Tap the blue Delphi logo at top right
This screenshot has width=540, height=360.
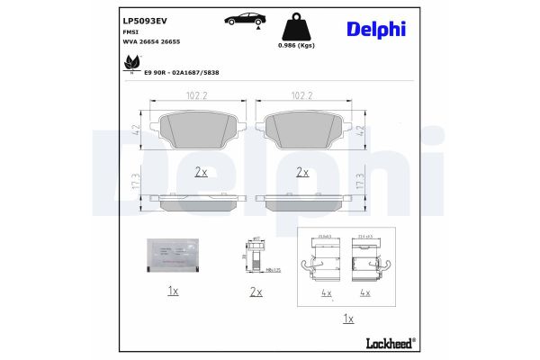click(x=376, y=29)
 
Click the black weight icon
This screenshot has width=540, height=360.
click(x=296, y=26)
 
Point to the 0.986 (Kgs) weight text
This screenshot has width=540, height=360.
click(x=296, y=45)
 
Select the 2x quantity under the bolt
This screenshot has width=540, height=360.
click(x=256, y=292)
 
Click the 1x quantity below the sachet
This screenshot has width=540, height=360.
click(x=172, y=292)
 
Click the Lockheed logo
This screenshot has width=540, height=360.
click(x=389, y=342)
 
